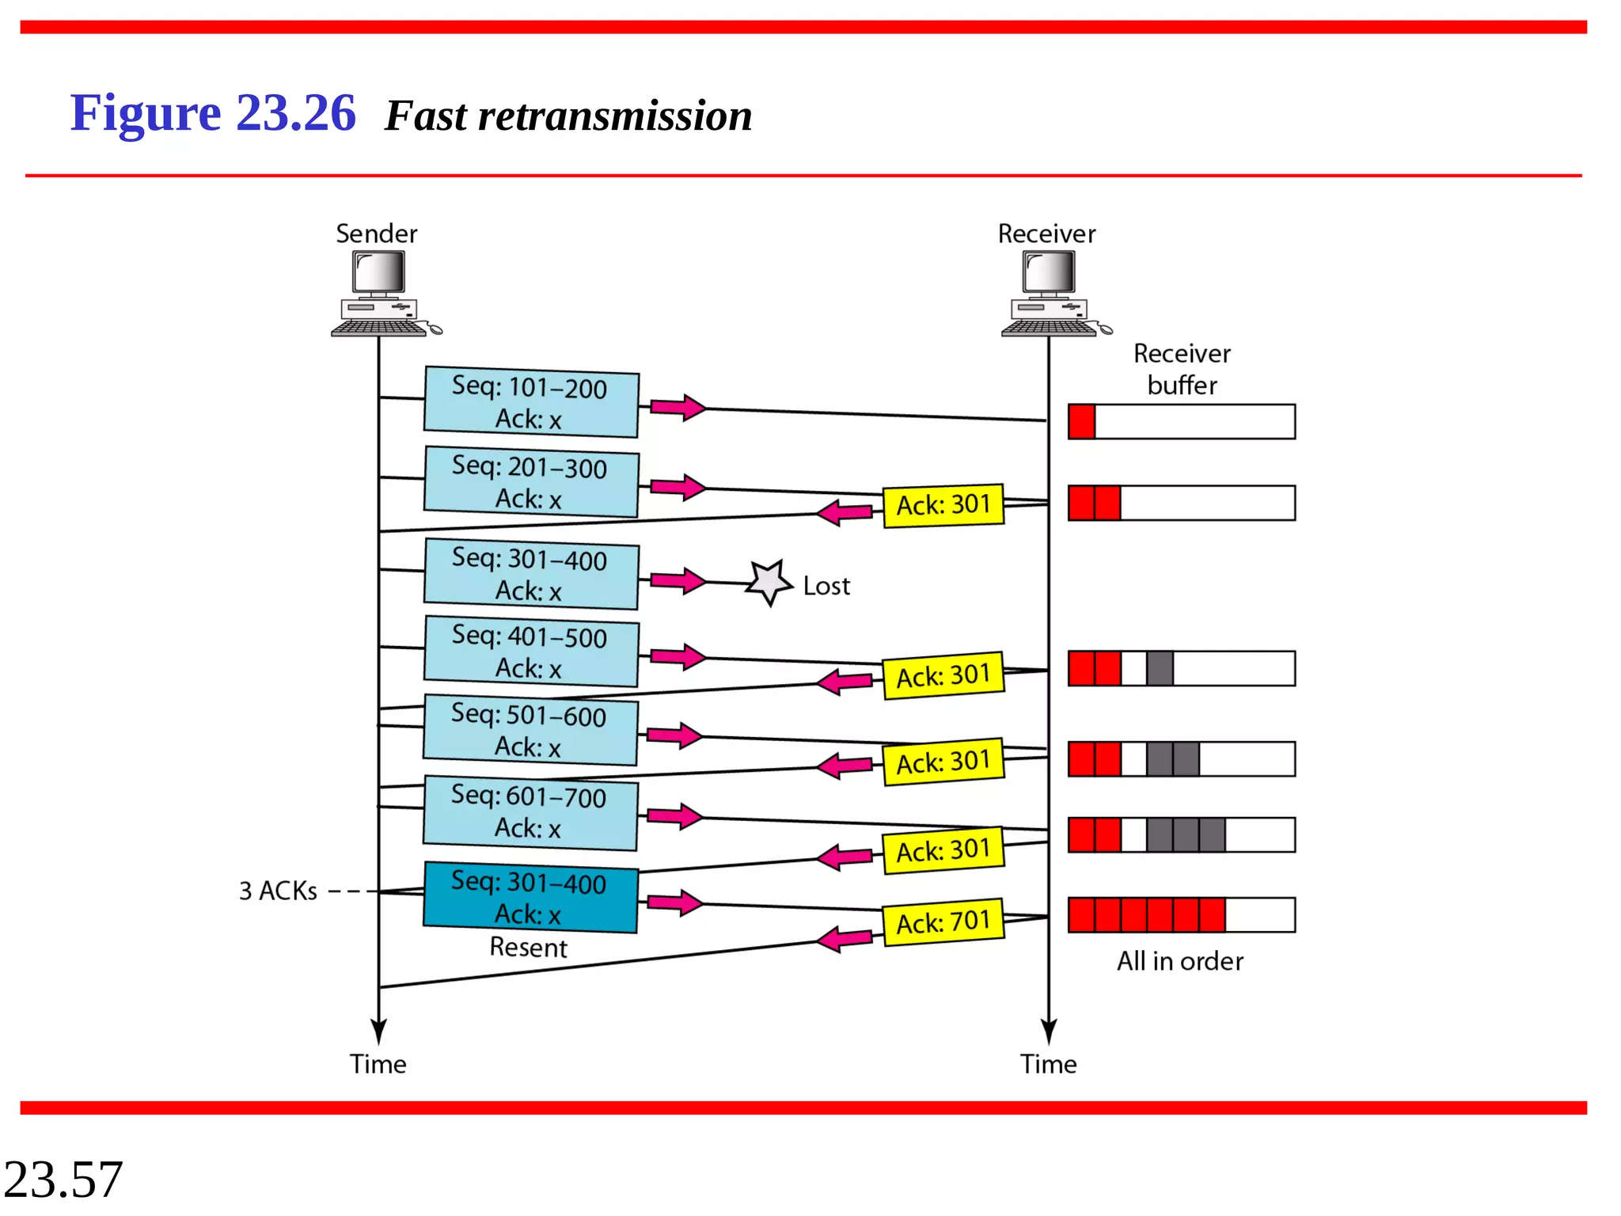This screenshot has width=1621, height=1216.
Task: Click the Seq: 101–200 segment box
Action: (531, 401)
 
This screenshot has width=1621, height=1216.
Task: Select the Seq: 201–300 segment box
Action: (531, 481)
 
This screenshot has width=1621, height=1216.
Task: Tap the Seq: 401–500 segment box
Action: (531, 651)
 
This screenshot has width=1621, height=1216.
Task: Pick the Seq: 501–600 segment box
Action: (530, 730)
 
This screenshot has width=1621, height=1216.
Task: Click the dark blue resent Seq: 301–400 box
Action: (530, 897)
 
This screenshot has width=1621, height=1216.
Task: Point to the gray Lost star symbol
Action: (769, 583)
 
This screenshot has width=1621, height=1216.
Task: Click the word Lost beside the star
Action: (826, 586)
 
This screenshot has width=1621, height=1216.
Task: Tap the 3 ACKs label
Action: (278, 891)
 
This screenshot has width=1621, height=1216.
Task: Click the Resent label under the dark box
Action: (528, 947)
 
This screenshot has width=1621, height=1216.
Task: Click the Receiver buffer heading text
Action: (1182, 369)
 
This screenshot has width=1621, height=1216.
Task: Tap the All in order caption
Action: (1179, 961)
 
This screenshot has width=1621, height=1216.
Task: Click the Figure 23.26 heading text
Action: (213, 112)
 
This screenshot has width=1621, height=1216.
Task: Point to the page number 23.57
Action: (63, 1179)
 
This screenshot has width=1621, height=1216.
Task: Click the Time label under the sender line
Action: (378, 1063)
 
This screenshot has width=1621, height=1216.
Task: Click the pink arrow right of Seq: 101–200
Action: (678, 407)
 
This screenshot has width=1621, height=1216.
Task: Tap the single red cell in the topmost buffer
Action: (1081, 421)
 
